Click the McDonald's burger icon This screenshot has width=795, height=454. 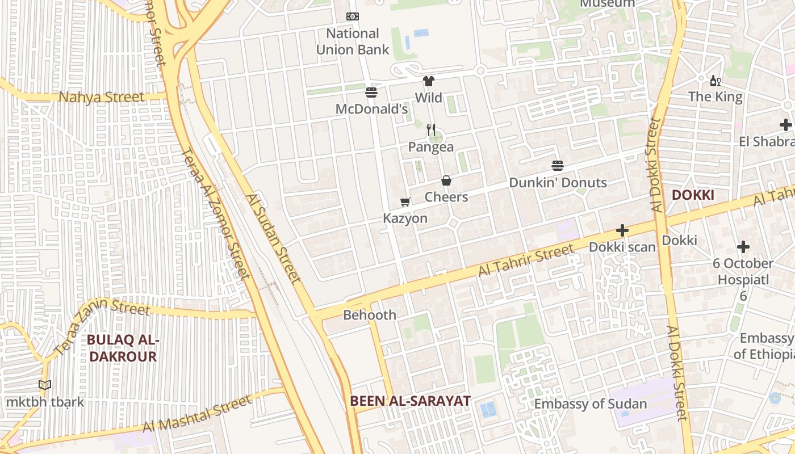point(371,92)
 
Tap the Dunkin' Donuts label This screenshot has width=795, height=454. point(558,183)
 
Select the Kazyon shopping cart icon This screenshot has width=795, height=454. point(405,202)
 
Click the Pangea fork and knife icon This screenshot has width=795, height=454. point(431,131)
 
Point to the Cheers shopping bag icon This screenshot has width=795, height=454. point(446,180)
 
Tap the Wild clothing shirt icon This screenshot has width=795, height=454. point(429,81)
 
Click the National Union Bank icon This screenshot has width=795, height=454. point(352,16)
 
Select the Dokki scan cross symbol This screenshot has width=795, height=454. point(622,230)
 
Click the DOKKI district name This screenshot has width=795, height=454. point(692,195)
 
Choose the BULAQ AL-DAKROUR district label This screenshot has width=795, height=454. point(122,348)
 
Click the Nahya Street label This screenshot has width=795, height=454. point(102,97)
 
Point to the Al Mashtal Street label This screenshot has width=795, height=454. point(196,414)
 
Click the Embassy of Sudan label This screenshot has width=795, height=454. point(591,404)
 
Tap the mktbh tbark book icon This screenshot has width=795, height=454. point(45,385)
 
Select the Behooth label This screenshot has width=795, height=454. point(370,315)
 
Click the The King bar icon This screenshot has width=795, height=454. point(715,81)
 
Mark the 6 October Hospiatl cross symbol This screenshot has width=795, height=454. point(743,247)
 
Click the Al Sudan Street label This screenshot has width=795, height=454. point(273,238)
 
